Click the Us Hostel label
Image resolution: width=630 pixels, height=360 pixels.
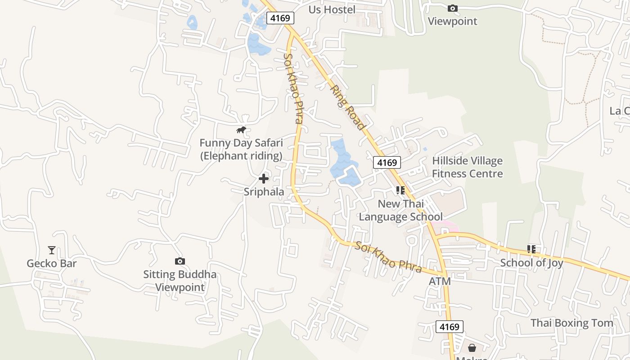[x=332, y=9]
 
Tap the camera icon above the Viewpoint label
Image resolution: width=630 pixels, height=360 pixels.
[x=453, y=8]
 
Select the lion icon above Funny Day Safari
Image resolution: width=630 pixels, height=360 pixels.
[x=241, y=130]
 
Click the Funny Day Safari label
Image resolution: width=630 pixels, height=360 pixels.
[x=241, y=149]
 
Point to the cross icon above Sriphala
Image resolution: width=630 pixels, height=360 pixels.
[x=264, y=179]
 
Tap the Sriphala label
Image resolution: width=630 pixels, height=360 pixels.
[x=264, y=192]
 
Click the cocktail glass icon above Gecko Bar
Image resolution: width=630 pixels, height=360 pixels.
[x=52, y=250]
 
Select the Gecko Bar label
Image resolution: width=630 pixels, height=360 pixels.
[x=52, y=263]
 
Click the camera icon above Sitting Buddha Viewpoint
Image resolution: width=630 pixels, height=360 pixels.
[x=180, y=261]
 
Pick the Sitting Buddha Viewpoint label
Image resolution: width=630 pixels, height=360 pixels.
[x=180, y=281]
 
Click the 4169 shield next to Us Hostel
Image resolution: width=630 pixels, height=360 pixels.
[x=280, y=18]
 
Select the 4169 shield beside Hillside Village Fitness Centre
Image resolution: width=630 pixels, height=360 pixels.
[x=387, y=162]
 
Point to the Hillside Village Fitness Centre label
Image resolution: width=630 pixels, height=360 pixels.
[x=467, y=167]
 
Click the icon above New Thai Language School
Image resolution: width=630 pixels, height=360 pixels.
[x=400, y=190]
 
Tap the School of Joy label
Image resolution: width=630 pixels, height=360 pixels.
[x=531, y=263]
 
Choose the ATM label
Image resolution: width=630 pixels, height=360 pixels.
[x=440, y=281]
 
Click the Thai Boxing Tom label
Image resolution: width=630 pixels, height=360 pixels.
[x=571, y=323]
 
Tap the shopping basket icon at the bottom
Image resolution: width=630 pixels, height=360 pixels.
[x=472, y=348]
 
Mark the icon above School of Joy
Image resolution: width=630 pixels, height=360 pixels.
[x=531, y=249]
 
